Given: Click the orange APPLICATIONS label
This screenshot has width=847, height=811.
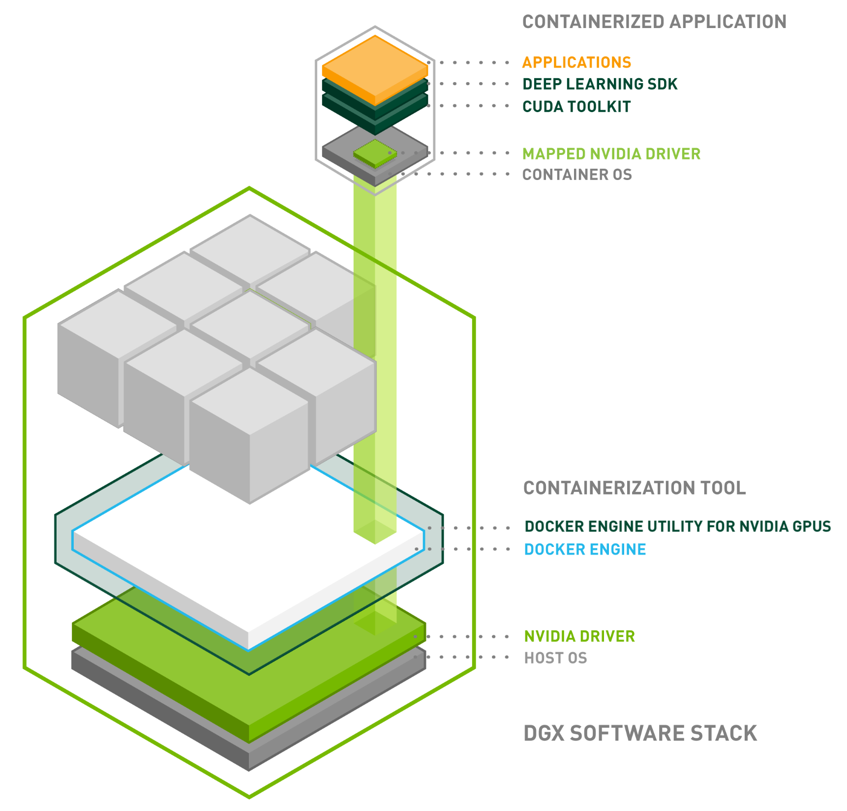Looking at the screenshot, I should [576, 62].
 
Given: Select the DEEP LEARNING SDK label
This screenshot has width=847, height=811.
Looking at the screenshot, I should [600, 84].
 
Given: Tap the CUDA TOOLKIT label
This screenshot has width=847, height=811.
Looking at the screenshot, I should [576, 107].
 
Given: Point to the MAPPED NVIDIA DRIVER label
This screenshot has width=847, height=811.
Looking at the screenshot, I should [611, 154].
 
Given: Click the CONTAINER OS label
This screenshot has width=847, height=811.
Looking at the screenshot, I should [577, 175].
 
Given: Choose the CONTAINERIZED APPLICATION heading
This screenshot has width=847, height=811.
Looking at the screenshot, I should [654, 22].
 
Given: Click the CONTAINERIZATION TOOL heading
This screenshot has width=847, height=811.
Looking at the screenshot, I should [635, 488].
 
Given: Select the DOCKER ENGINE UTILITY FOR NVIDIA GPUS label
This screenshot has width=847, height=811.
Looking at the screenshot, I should [677, 527].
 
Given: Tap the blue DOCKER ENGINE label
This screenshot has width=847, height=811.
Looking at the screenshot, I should [585, 549].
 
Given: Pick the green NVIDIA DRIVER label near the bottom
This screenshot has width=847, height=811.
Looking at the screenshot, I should [579, 636].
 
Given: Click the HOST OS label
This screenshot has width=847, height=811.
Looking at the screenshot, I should [555, 658].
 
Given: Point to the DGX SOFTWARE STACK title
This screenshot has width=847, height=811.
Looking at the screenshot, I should [640, 733].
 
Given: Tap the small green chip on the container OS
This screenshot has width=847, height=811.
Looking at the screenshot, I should [375, 153].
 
